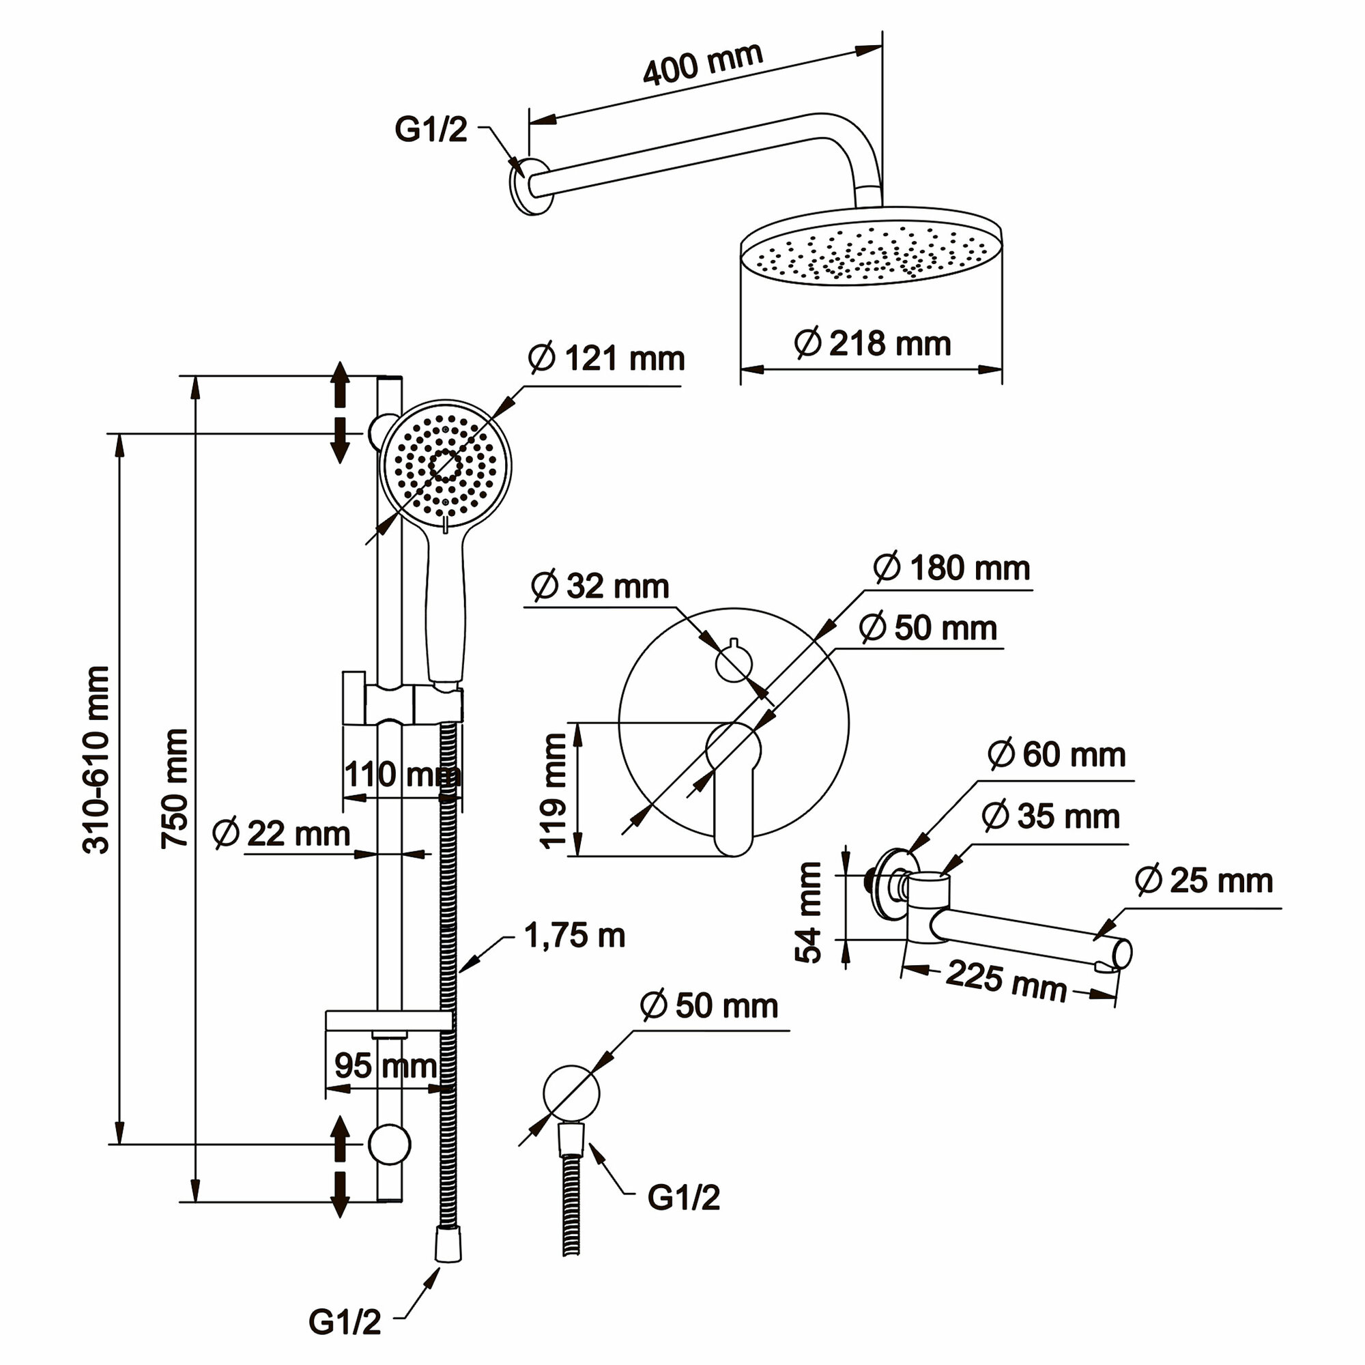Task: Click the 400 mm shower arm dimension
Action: (x=702, y=63)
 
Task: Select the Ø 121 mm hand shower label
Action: (x=606, y=359)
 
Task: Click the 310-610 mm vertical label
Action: (x=97, y=759)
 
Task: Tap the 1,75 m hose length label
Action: (x=575, y=936)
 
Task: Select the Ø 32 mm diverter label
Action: (x=600, y=586)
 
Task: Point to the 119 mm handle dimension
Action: (x=554, y=790)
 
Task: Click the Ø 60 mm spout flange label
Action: (x=1057, y=756)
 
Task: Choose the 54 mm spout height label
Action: (x=809, y=911)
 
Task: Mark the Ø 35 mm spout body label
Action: (x=1050, y=817)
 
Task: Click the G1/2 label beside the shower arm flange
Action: (x=431, y=130)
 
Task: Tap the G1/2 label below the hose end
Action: (x=345, y=1323)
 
